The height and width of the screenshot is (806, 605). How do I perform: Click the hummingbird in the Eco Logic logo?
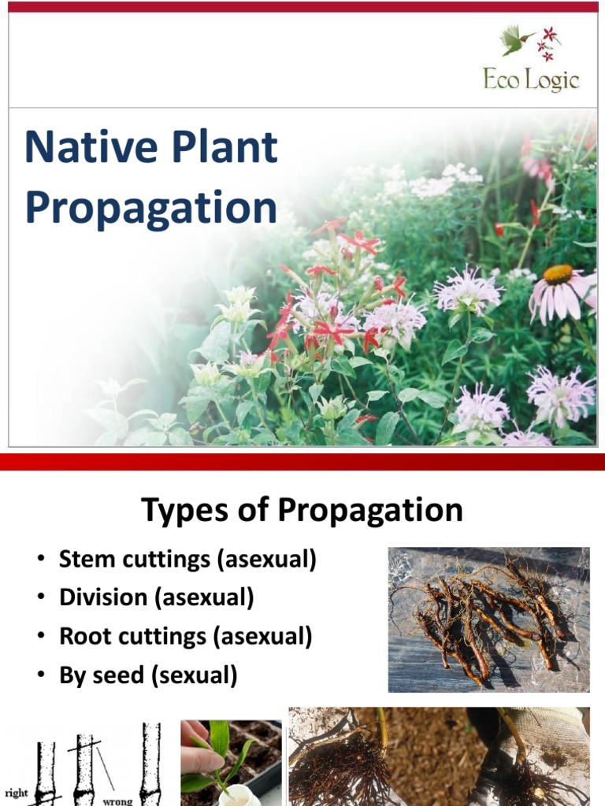[516, 40]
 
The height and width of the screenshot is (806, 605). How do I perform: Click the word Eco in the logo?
[500, 79]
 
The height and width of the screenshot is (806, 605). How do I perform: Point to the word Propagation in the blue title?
[150, 207]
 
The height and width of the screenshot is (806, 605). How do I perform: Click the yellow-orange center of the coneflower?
[558, 274]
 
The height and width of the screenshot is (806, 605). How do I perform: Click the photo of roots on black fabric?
[488, 619]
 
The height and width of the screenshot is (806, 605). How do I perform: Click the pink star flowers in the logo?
[547, 43]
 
